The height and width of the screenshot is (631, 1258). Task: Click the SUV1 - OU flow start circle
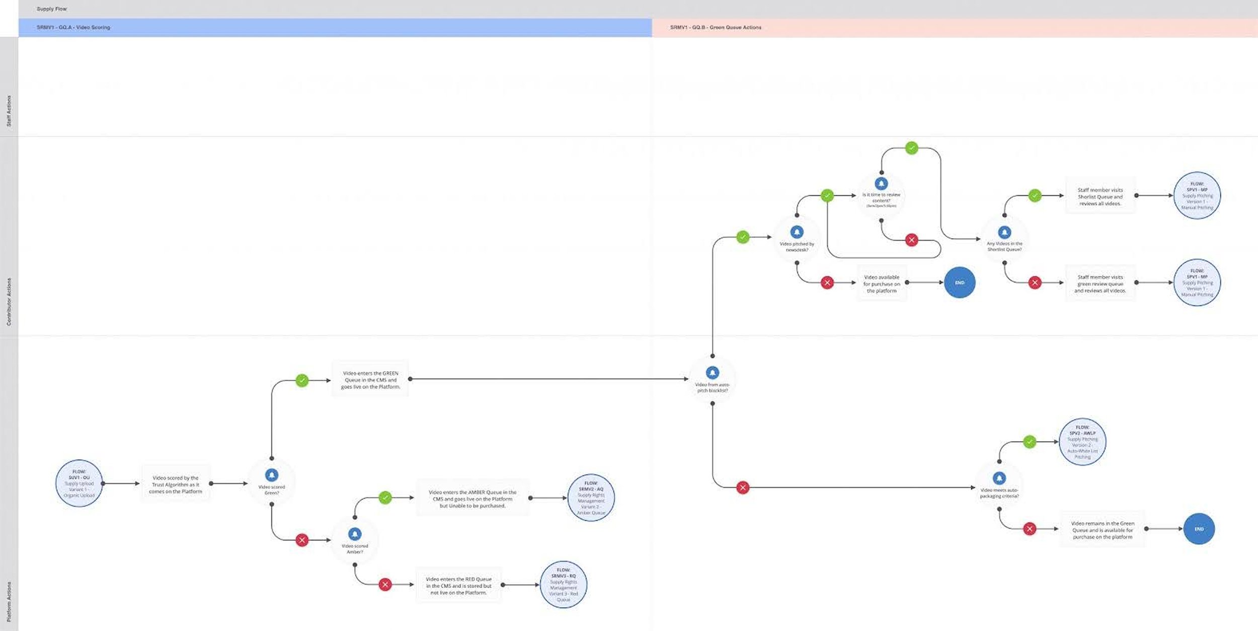tap(79, 483)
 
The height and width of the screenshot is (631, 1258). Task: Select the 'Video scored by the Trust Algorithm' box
tap(176, 484)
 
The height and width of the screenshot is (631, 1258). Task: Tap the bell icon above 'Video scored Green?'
tap(272, 475)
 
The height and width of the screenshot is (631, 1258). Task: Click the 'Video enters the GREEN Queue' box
tap(370, 380)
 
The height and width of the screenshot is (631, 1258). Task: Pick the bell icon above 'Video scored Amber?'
tap(355, 534)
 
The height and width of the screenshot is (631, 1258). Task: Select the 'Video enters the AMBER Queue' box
tap(473, 499)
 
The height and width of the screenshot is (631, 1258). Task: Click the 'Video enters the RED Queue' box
tap(458, 586)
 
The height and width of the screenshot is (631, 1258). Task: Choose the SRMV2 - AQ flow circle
tap(591, 498)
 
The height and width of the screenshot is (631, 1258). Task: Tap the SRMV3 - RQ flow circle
tap(564, 585)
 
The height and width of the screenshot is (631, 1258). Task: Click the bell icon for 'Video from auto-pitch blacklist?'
tap(713, 373)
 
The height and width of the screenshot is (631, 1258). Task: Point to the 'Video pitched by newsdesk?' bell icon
tap(797, 232)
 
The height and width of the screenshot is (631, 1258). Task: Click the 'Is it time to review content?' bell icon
tap(881, 184)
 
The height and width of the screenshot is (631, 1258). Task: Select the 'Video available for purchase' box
tap(882, 284)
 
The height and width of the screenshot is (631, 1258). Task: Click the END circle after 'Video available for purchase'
tap(960, 283)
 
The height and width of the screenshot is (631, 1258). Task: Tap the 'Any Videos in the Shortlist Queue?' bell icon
tap(1004, 232)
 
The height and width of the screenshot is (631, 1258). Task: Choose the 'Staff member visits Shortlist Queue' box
tap(1100, 197)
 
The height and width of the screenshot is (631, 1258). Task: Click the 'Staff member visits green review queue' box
tap(1100, 284)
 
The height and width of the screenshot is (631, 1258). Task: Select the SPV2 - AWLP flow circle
tap(1082, 442)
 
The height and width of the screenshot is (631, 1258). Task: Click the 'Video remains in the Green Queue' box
tap(1103, 530)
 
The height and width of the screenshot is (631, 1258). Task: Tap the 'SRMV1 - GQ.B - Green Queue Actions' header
tap(716, 27)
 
